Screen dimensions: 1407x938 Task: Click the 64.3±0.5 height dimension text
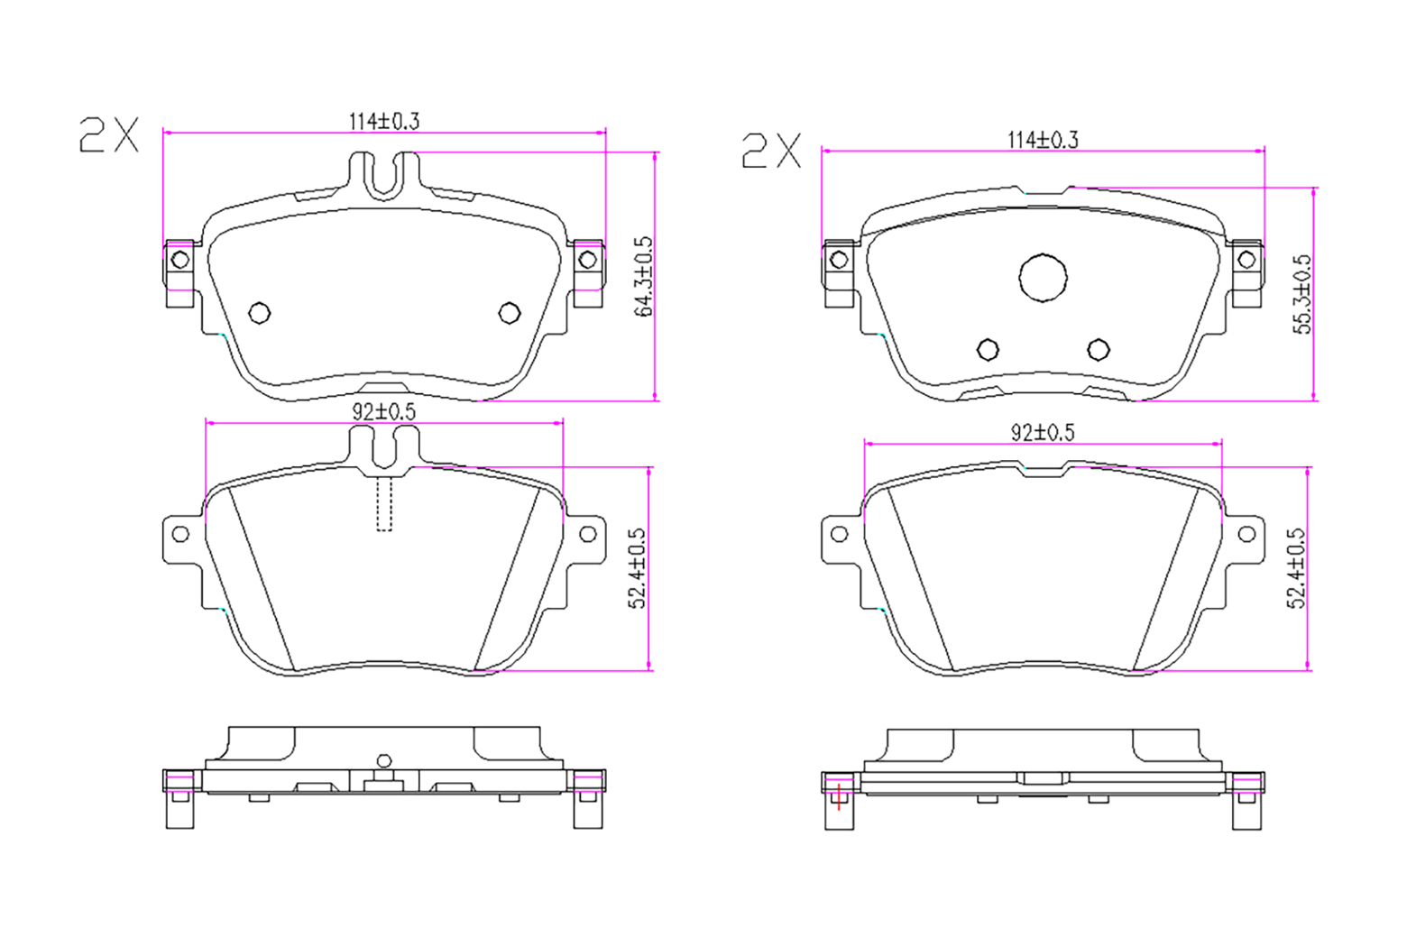(643, 276)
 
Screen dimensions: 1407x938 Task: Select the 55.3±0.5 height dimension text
(1302, 294)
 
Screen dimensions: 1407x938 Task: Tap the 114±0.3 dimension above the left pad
(384, 121)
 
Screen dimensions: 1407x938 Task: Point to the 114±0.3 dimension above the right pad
(1043, 140)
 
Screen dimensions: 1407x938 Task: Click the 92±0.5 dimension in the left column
(384, 412)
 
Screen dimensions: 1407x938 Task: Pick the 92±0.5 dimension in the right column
(1043, 432)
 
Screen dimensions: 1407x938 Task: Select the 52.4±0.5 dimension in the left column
(637, 568)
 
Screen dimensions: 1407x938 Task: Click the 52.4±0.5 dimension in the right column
(1296, 568)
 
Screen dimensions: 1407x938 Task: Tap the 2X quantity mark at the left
(108, 134)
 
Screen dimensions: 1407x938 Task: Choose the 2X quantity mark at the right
(771, 151)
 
